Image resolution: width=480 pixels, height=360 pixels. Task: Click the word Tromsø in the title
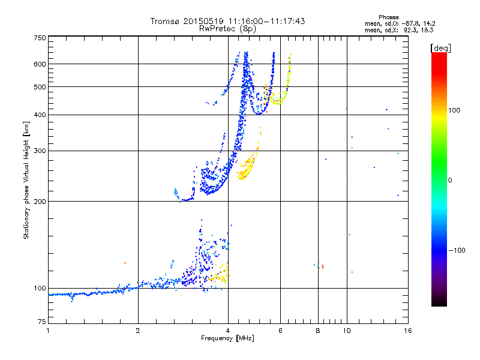[165, 21]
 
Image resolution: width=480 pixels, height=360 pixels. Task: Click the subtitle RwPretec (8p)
[227, 29]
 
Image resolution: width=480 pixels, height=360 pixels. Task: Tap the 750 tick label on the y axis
[40, 38]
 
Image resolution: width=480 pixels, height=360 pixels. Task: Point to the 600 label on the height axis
[40, 64]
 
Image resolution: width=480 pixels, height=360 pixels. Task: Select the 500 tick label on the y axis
[40, 87]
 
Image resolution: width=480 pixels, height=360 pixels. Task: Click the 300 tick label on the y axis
[40, 151]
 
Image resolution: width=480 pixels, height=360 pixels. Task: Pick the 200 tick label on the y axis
[40, 202]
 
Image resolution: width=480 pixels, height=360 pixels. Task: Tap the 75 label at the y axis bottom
[42, 322]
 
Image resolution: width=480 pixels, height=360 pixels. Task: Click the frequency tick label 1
[48, 331]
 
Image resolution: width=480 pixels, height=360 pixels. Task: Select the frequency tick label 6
[280, 331]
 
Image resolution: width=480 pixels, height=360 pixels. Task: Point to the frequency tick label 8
[318, 331]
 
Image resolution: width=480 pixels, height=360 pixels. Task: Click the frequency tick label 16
[408, 331]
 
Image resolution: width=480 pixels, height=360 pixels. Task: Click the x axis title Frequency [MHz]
[227, 338]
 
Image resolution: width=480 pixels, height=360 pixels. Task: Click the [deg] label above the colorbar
[440, 49]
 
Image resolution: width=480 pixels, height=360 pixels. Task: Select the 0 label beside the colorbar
[450, 181]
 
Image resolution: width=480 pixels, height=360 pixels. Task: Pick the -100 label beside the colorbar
[457, 250]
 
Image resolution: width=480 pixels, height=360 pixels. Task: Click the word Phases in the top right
[388, 17]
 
